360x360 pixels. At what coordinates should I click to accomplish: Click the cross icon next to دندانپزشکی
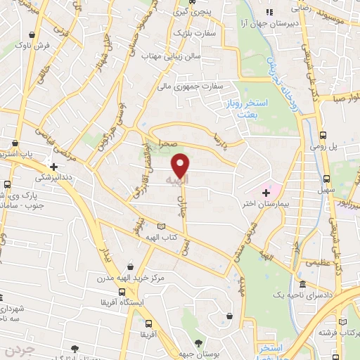[72, 167]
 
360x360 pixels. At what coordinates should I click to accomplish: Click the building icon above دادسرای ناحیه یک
[302, 285]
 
